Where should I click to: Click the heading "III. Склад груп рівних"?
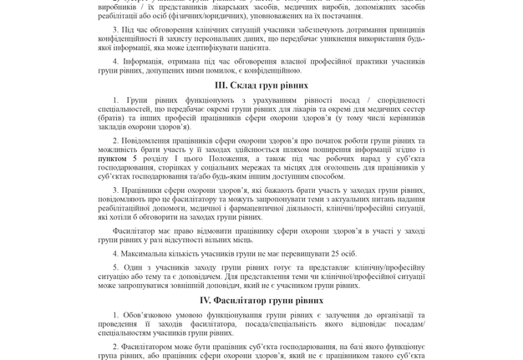tap(261, 85)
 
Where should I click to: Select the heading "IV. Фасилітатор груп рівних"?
tap(261, 300)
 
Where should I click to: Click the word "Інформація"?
tap(145, 61)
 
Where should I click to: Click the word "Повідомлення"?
tap(159, 140)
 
